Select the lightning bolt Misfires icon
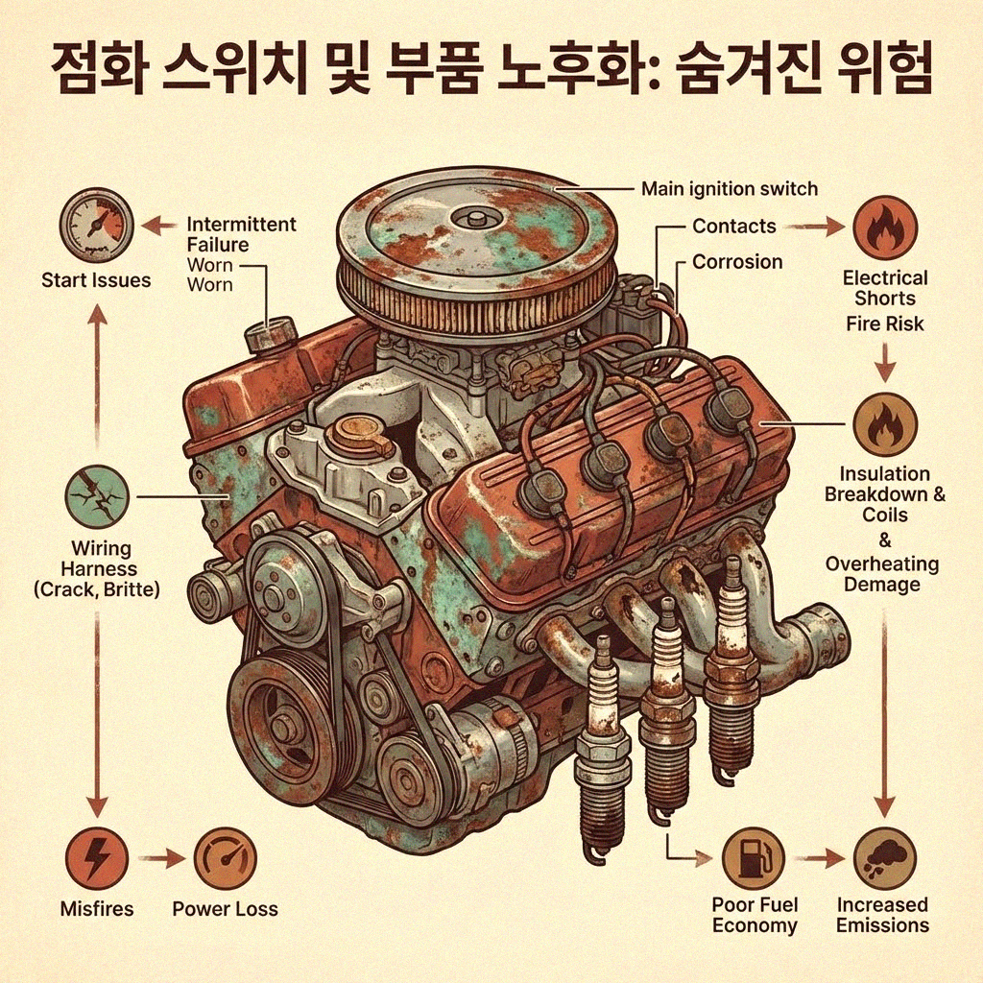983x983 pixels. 96,858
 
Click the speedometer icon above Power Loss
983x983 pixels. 225,858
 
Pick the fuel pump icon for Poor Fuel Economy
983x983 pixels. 753,858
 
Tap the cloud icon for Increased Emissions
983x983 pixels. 883,858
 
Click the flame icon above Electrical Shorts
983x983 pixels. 884,228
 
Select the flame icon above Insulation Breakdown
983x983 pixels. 884,424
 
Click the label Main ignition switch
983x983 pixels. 729,188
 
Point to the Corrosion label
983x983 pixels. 737,262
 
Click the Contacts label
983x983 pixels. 733,227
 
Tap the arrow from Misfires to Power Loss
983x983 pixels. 160,858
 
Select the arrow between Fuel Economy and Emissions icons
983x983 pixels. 818,858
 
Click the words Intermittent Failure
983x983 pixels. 241,234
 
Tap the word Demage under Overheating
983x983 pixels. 881,585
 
